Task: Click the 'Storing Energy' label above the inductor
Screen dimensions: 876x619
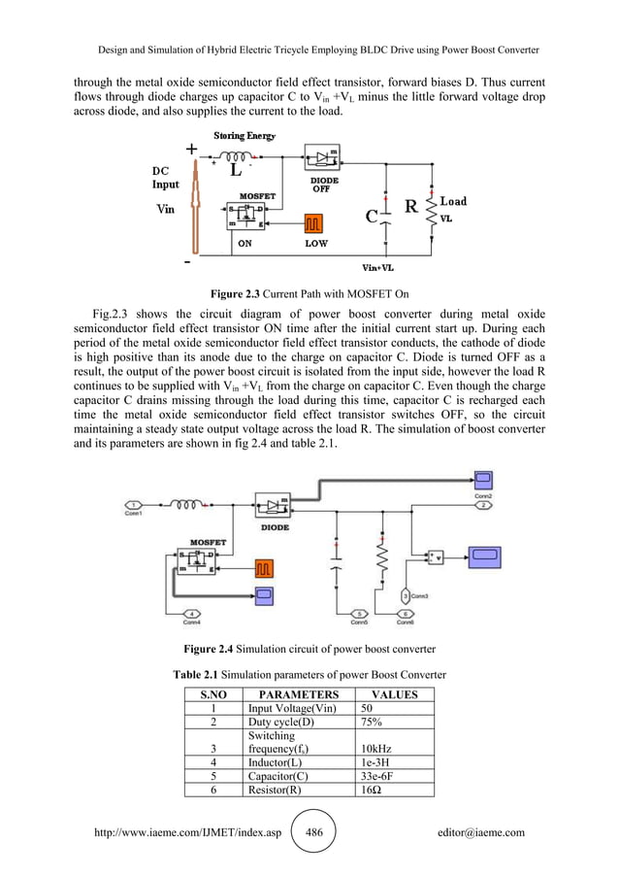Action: (x=244, y=137)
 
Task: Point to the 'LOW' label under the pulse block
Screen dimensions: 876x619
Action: (x=316, y=245)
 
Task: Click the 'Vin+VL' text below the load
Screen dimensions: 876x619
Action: (x=376, y=267)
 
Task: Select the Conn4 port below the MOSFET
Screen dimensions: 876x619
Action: (x=193, y=613)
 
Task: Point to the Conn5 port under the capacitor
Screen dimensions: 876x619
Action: (x=358, y=613)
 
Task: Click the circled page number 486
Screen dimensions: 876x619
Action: (x=313, y=832)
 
